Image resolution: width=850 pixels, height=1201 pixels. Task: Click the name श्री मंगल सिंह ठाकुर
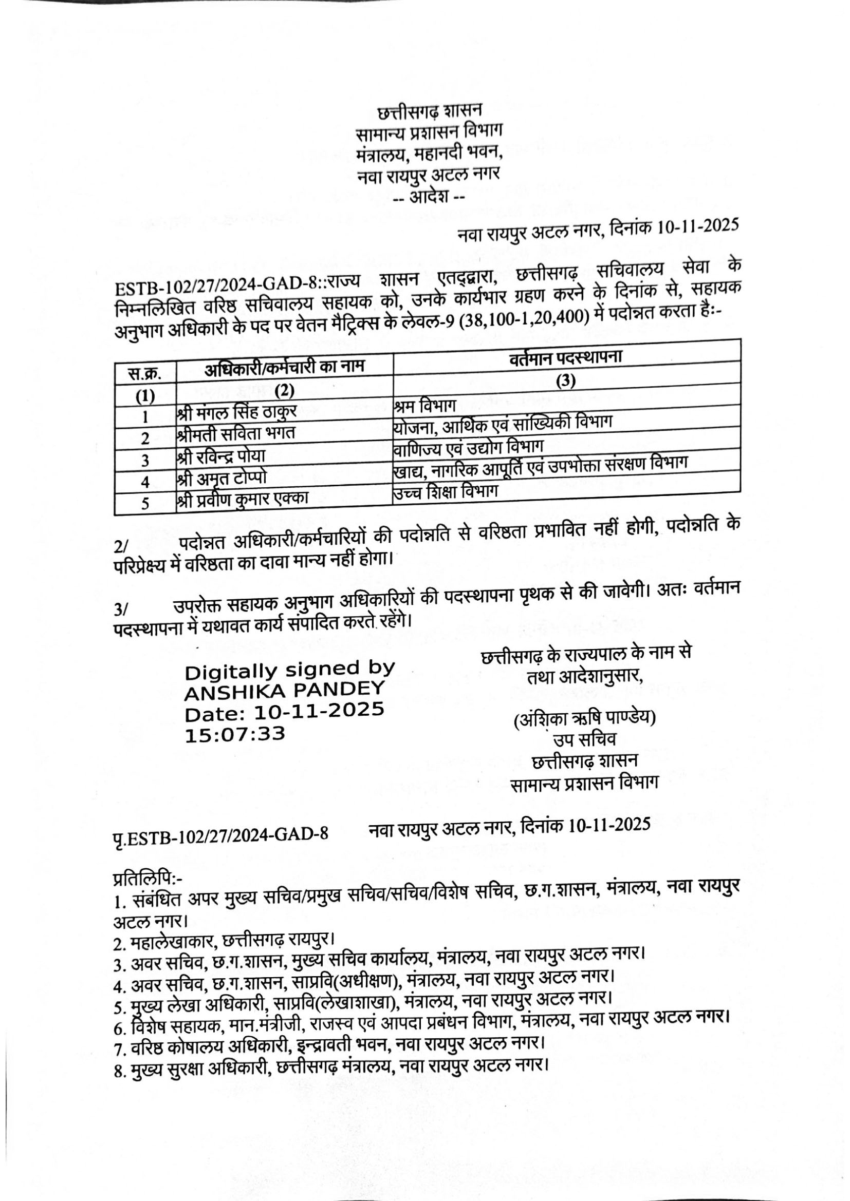[237, 412]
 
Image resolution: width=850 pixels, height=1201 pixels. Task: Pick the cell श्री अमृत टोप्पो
[223, 478]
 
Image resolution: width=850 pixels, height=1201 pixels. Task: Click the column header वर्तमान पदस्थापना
[565, 358]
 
